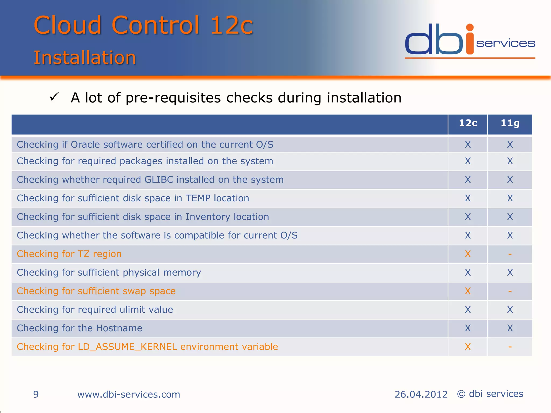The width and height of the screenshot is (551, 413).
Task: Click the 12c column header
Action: pyautogui.click(x=468, y=123)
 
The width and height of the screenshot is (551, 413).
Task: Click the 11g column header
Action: pyautogui.click(x=510, y=123)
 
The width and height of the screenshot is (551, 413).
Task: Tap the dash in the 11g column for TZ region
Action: pyautogui.click(x=510, y=254)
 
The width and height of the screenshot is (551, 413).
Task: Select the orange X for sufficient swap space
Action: pyautogui.click(x=468, y=291)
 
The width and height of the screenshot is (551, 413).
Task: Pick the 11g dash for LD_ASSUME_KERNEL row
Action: pyautogui.click(x=510, y=347)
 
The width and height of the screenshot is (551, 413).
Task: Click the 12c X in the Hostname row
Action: pyautogui.click(x=468, y=328)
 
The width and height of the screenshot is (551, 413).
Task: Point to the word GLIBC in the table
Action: pyautogui.click(x=159, y=180)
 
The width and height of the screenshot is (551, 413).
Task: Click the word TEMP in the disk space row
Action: pyautogui.click(x=198, y=198)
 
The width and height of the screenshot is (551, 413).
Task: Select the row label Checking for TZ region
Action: pyautogui.click(x=69, y=254)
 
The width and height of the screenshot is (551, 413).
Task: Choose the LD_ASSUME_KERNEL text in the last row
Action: pyautogui.click(x=127, y=347)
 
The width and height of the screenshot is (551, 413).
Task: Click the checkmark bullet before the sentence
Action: pyautogui.click(x=54, y=97)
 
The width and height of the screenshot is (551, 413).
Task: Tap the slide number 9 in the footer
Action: pyautogui.click(x=36, y=394)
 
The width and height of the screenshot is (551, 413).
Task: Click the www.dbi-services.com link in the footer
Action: pyautogui.click(x=129, y=394)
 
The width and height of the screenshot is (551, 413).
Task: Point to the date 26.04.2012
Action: pyautogui.click(x=421, y=394)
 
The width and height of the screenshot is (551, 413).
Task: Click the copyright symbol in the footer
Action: pyautogui.click(x=461, y=394)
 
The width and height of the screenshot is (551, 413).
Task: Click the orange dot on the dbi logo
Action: pyautogui.click(x=470, y=27)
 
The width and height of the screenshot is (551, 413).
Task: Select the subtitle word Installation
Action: pyautogui.click(x=85, y=58)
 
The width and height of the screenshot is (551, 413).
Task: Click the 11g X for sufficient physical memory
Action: pyautogui.click(x=510, y=272)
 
